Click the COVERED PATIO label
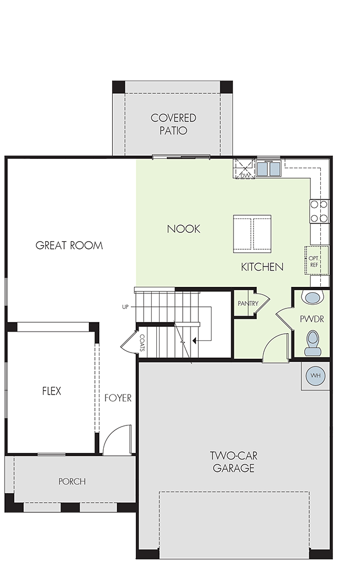pos(173,124)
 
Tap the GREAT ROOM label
pos(69,246)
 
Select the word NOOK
pos(184,229)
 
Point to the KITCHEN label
pos(262,267)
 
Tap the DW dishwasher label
pos(245,175)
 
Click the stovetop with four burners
pos(320,211)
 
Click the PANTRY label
pos(248,303)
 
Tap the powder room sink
pos(313,297)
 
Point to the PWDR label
pos(312,319)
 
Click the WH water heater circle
pos(316,375)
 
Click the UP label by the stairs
pos(125,307)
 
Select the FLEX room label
pos(51,391)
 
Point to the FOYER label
pos(118,398)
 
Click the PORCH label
pos(72,481)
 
